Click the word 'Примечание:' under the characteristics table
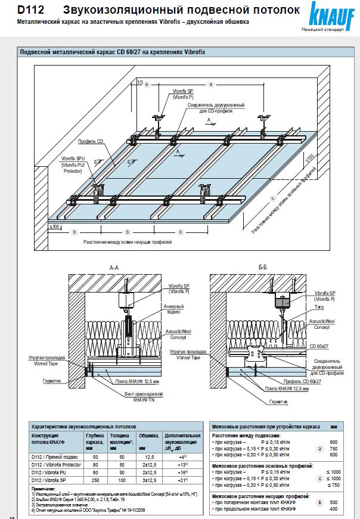tap(44, 487)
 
